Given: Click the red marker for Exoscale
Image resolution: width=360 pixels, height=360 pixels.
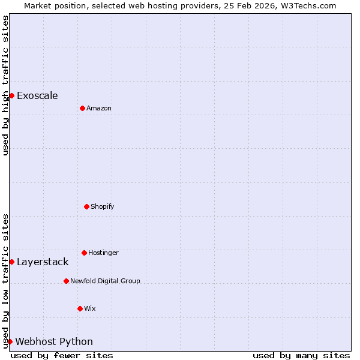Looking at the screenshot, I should [11, 95].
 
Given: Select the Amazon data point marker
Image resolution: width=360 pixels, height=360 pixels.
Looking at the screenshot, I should [82, 108].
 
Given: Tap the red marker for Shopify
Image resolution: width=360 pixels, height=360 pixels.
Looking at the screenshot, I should [86, 206].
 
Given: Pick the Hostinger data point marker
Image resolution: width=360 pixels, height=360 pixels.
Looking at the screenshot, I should [84, 253].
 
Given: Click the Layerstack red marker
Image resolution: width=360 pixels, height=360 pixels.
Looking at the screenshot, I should [11, 262].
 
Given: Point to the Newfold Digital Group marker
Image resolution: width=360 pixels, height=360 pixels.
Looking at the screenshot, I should [66, 281].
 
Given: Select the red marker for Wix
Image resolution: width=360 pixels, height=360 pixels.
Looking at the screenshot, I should [80, 308].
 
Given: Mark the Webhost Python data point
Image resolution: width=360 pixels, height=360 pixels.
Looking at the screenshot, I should [10, 341].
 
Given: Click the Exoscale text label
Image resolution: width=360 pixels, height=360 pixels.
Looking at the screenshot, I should [37, 95].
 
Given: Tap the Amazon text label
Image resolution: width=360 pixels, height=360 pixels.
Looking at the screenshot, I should [99, 108].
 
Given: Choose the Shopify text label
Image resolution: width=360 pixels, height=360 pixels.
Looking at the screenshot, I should [103, 206].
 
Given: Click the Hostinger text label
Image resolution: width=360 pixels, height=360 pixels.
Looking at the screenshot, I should [103, 253].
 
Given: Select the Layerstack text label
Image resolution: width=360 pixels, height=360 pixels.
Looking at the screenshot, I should [43, 262].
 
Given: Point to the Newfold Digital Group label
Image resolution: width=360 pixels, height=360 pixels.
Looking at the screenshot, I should [105, 281].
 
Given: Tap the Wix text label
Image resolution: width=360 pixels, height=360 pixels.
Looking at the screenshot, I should [90, 308].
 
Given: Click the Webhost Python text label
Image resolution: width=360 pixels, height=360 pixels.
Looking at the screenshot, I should [54, 341].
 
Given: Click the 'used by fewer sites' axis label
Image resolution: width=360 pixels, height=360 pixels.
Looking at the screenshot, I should [62, 355].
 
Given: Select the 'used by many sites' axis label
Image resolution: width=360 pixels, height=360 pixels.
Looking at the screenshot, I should [301, 355].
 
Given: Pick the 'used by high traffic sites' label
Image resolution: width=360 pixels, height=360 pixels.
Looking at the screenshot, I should [5, 85].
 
